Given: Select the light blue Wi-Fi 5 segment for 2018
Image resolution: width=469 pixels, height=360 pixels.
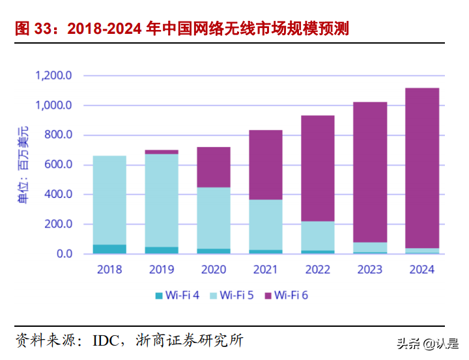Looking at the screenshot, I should click(x=109, y=200).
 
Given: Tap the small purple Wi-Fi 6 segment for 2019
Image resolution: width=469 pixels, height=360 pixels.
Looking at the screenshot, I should click(x=162, y=152).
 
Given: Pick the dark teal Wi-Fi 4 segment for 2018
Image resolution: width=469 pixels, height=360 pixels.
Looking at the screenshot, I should click(x=109, y=249).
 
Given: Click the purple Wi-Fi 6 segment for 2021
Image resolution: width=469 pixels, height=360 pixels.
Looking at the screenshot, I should click(x=266, y=165).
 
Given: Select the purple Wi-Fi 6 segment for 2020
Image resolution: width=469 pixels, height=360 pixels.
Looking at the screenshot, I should click(x=214, y=167).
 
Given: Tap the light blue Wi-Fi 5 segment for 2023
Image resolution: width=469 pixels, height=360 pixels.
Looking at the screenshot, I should click(x=369, y=247).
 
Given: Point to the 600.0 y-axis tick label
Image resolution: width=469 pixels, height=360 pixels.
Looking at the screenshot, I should click(x=59, y=165).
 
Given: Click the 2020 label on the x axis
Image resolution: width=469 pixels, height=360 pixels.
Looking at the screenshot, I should click(x=214, y=269).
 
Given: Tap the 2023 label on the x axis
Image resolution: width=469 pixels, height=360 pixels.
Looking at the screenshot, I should click(x=369, y=269).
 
